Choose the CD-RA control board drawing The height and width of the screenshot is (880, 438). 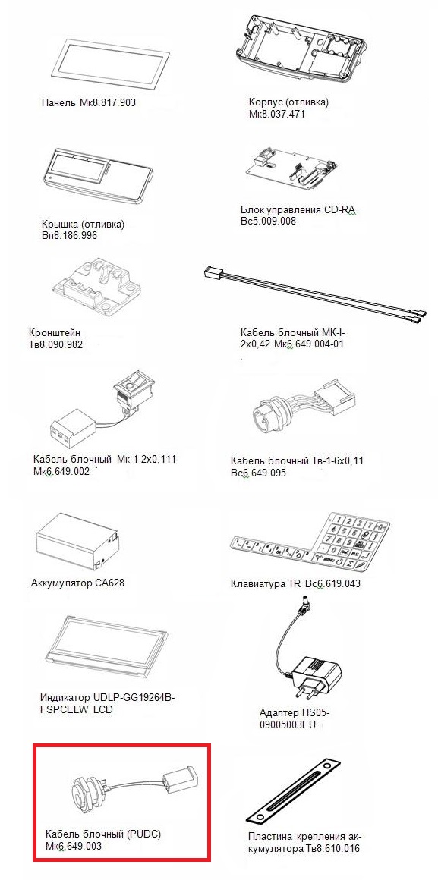[292, 168]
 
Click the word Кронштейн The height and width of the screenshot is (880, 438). [53, 333]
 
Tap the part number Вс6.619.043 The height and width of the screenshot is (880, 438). [332, 583]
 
